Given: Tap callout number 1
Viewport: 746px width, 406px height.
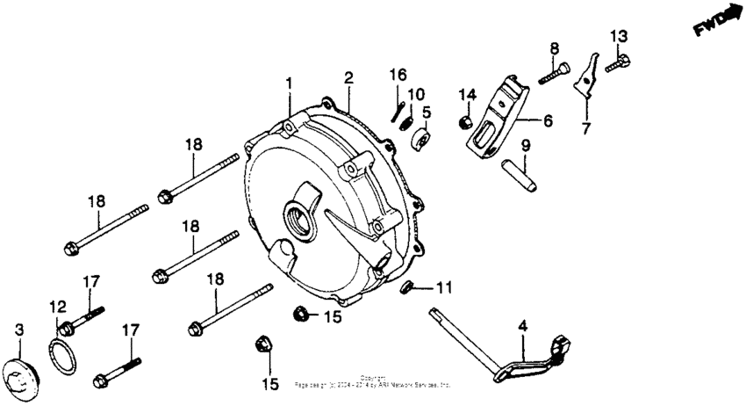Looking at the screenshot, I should [289, 83].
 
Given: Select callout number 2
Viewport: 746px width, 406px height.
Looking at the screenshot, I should [348, 78].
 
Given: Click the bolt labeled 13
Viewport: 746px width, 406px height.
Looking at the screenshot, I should [618, 62].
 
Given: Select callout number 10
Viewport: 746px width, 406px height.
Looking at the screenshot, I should [416, 94].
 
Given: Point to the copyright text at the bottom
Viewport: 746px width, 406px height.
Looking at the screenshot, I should [373, 381].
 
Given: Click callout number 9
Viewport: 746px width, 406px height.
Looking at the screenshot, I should [526, 145].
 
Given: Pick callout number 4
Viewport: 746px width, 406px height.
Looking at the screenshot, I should [522, 326].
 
